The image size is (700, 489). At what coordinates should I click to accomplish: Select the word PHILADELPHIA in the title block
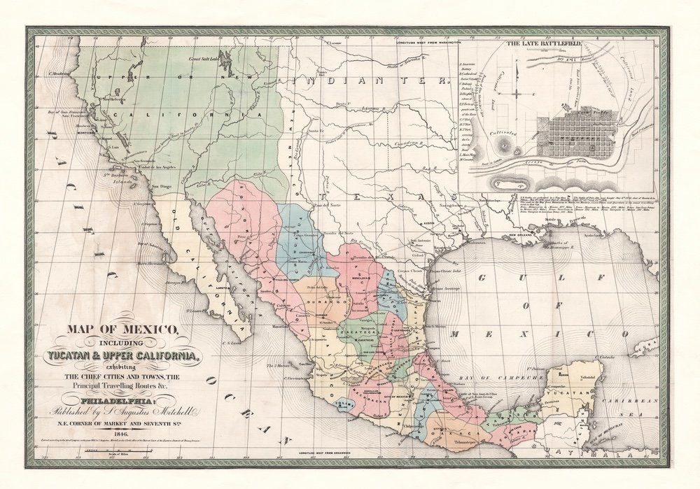click(115, 401)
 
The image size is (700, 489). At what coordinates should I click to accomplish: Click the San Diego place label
click(160, 187)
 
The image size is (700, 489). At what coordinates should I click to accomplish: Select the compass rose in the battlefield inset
click(515, 92)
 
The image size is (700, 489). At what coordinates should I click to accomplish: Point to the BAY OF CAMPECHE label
click(504, 378)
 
